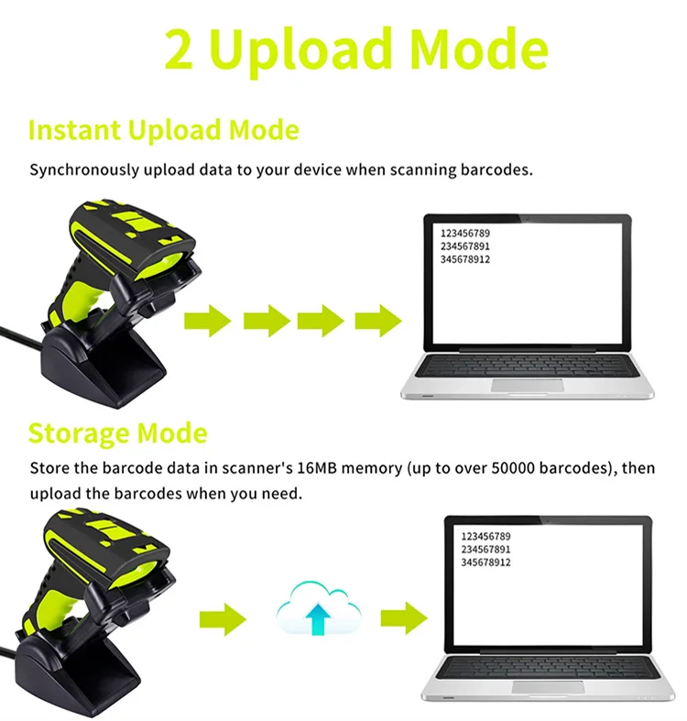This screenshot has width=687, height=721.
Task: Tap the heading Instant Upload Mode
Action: [x=163, y=130]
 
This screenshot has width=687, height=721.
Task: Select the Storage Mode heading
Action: [x=117, y=432]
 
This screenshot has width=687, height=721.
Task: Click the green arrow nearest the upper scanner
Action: [x=208, y=321]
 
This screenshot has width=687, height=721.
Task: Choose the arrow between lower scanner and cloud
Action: [x=223, y=619]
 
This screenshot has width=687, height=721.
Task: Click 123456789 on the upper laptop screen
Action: [x=465, y=234]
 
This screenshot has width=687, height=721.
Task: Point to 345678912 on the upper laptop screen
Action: [x=465, y=259]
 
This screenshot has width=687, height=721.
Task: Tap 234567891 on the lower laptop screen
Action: [x=486, y=549]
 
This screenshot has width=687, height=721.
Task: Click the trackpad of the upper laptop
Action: [x=528, y=385]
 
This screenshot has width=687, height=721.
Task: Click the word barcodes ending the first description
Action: [x=499, y=170]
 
